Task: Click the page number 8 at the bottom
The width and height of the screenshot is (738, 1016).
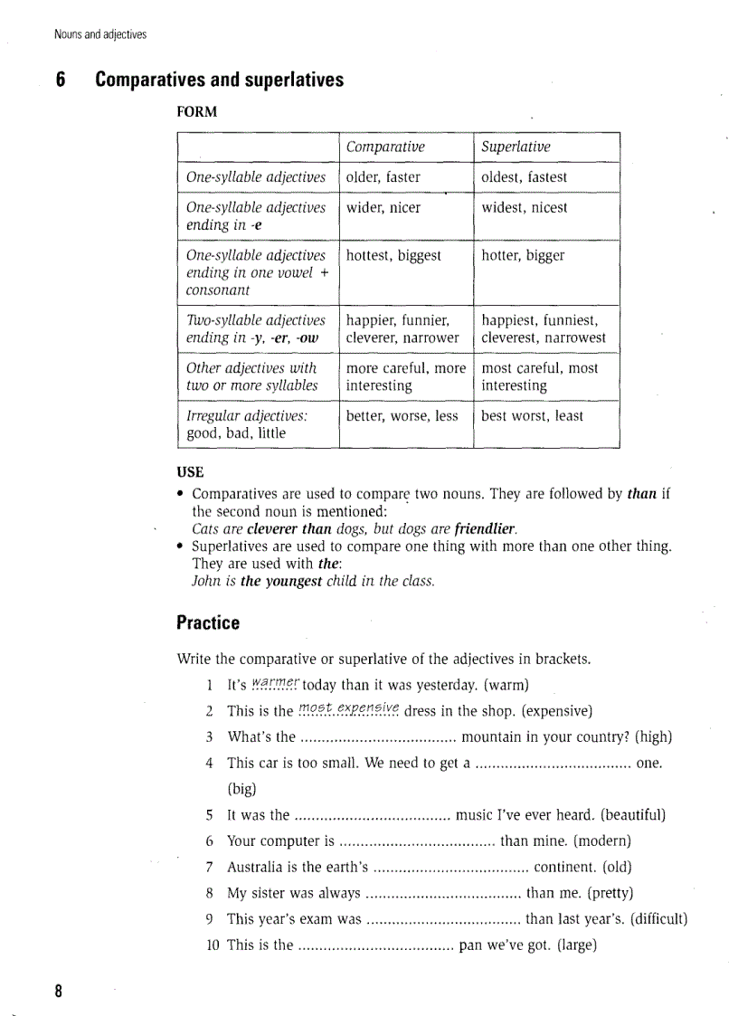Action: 59,990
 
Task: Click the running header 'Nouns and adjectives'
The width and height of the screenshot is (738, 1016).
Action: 99,35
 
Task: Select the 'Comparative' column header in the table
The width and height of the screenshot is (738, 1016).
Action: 385,147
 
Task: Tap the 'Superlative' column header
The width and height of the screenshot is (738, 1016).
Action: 516,147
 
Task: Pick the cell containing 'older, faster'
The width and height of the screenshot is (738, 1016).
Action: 383,177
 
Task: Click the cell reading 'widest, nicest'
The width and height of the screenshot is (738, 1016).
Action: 525,207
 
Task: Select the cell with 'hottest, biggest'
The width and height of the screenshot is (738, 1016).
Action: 393,255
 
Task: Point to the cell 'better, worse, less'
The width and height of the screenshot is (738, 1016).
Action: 402,416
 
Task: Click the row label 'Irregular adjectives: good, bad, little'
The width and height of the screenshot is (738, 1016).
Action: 247,424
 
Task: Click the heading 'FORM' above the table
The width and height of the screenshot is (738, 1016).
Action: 196,112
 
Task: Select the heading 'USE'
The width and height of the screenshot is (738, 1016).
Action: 190,471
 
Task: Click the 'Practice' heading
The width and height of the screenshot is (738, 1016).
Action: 208,622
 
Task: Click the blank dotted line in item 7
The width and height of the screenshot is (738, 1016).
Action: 450,868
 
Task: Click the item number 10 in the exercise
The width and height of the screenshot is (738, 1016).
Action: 213,945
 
